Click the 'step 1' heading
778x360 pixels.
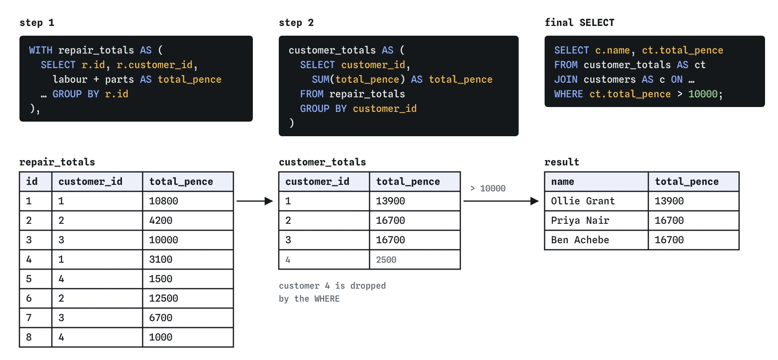pos(37,23)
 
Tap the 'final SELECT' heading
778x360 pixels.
pos(579,23)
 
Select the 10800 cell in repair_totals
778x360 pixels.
pos(188,201)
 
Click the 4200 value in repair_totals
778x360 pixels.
pos(188,221)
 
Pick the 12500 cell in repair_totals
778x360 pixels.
pos(188,298)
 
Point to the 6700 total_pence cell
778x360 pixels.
pos(188,318)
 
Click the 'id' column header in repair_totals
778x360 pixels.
pos(36,182)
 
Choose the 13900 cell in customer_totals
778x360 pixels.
pos(415,201)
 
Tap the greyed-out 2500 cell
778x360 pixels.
pos(415,259)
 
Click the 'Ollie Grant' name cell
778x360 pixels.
pos(596,201)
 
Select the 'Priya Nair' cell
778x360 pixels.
pos(596,221)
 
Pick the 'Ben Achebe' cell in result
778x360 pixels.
pos(596,240)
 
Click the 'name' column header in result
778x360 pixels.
pos(596,182)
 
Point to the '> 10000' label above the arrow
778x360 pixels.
pos(488,189)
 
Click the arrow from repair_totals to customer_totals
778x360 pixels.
pos(255,201)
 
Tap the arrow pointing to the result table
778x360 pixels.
pos(501,201)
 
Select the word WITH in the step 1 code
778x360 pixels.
pos(41,50)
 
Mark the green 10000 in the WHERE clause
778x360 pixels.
pos(703,94)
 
